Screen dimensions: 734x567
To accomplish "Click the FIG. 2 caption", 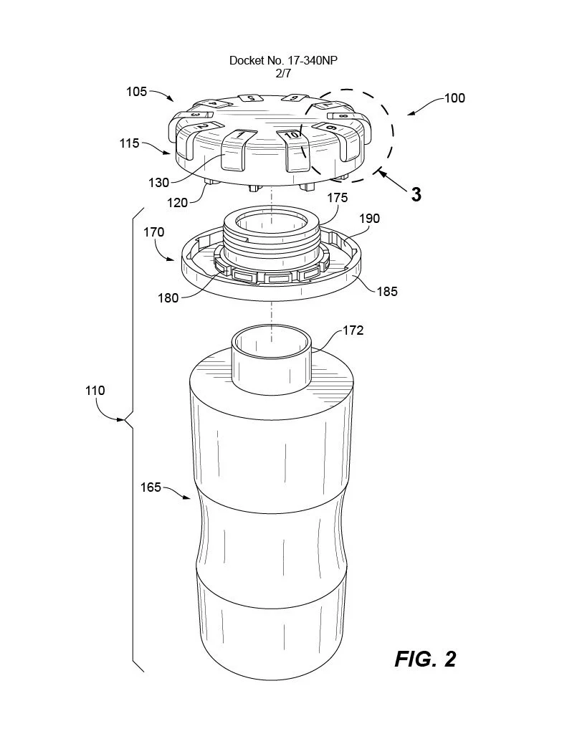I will tap(424, 659).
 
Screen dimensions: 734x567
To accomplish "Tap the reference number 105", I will tap(136, 92).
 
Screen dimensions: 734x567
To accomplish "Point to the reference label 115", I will tap(129, 143).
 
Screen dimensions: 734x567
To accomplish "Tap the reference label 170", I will tap(153, 232).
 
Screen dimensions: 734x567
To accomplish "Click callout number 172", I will tap(353, 330).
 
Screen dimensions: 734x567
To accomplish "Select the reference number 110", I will tap(94, 391).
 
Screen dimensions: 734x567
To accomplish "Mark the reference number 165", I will tap(151, 487).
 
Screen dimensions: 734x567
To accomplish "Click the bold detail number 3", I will tap(416, 194).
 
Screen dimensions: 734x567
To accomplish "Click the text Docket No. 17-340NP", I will tap(283, 61).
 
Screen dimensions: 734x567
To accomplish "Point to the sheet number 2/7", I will tap(283, 72).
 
